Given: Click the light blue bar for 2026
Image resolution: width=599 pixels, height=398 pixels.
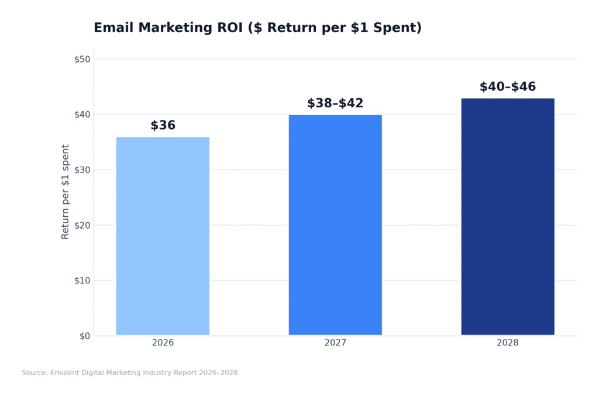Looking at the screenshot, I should [163, 236].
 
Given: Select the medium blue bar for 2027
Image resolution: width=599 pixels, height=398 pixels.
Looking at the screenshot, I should [335, 225].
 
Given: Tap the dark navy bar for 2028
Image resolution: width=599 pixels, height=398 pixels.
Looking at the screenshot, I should [507, 217].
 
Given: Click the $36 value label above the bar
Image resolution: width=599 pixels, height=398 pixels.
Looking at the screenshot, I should [163, 126].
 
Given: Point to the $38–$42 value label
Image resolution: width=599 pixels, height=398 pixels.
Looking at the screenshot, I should [335, 103].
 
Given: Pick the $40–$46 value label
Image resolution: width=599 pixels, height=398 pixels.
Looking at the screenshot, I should [507, 87].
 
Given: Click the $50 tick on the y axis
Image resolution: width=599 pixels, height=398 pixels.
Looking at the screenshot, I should [82, 59].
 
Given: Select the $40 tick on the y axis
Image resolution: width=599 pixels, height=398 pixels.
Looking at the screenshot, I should [82, 115].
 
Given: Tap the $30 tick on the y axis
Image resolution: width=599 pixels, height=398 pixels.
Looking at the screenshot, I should [82, 170].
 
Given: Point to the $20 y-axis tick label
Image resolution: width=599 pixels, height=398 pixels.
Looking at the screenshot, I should [82, 225].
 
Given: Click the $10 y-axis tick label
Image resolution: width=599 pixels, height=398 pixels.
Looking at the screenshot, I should [82, 281].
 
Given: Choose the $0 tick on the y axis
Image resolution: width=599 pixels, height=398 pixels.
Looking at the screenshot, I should [84, 336].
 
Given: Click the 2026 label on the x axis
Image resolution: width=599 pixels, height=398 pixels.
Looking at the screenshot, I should [163, 343].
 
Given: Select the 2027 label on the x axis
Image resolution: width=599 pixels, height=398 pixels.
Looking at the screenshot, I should [335, 343].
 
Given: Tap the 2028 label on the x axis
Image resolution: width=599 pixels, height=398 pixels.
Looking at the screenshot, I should [507, 343].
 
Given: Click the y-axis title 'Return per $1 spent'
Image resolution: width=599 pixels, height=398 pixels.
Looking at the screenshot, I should [66, 192].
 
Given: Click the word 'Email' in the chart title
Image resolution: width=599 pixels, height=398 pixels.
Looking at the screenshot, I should [113, 28].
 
